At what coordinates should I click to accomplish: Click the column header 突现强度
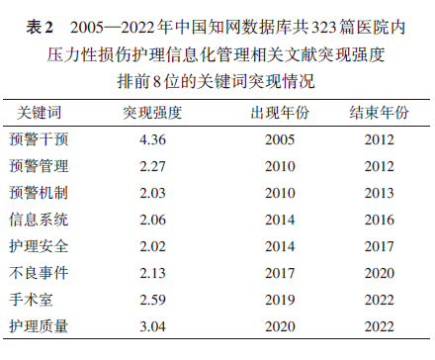[153, 113]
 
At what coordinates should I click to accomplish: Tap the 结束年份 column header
[379, 113]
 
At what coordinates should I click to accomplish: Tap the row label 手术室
[33, 297]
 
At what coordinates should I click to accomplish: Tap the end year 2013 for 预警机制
[379, 192]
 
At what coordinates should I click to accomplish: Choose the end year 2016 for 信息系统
[379, 218]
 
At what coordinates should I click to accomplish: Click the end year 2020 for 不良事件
[379, 271]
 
